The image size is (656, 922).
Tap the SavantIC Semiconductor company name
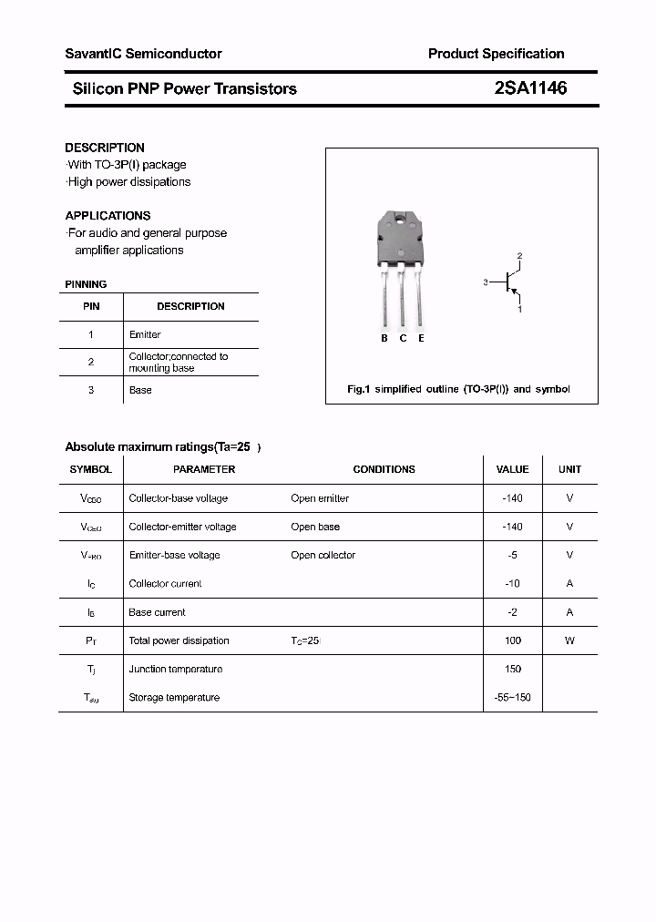click(143, 54)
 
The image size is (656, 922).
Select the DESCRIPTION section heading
click(105, 148)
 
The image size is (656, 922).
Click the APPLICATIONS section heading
click(108, 216)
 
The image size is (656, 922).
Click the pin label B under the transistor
click(384, 338)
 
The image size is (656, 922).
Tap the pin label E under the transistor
click(421, 338)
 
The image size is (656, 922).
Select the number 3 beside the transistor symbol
click(487, 282)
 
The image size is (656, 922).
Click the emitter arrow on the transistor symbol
click(516, 293)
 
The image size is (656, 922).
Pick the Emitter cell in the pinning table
click(145, 334)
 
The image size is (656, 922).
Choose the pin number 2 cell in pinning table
click(91, 362)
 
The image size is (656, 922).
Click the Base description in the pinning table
click(140, 390)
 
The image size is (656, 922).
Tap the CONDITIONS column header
click(384, 469)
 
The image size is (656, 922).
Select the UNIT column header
click(569, 469)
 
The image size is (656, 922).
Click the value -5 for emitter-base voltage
click(512, 555)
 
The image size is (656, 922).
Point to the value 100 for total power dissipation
click(512, 640)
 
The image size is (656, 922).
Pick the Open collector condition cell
click(323, 555)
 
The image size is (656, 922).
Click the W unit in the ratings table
click(569, 640)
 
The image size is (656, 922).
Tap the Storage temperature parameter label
click(174, 697)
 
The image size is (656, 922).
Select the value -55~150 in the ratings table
click(512, 697)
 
